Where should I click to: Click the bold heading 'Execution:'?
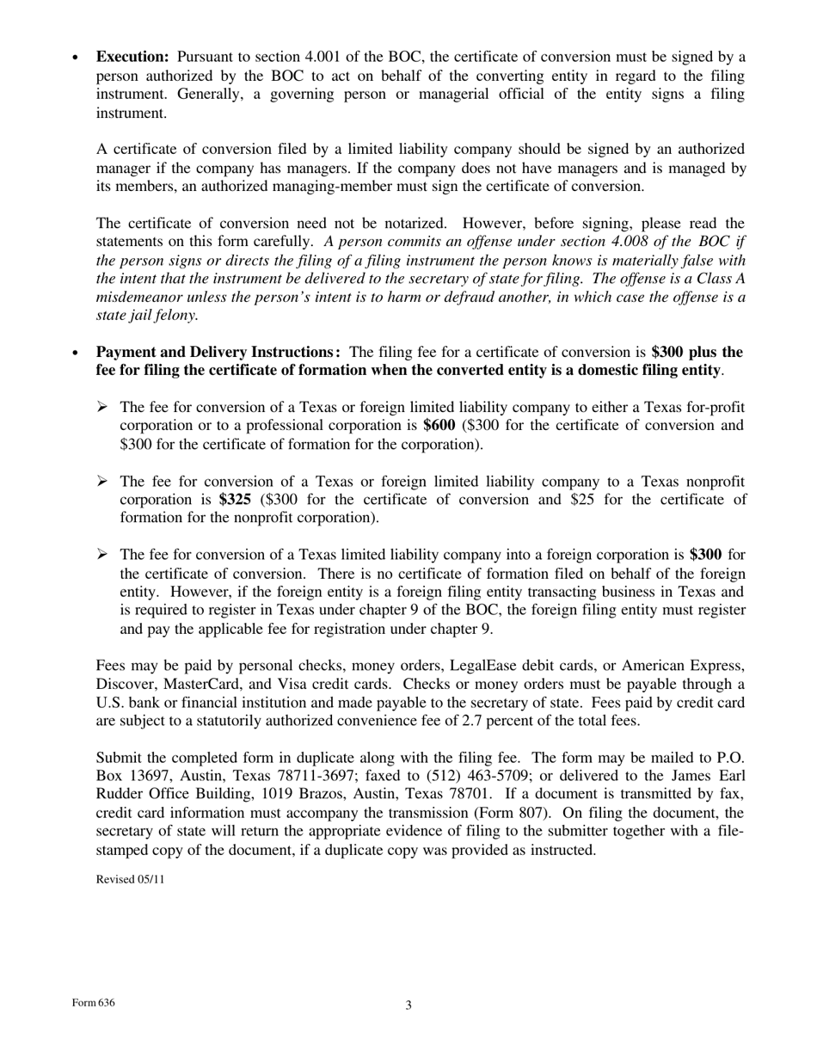point(132,57)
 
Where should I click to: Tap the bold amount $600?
point(439,426)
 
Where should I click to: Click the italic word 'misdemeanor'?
point(136,298)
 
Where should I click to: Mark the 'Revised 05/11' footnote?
point(130,879)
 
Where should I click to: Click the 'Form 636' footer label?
point(94,1004)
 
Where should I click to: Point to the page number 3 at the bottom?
point(408,1006)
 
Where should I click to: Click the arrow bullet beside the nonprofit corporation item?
point(102,482)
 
